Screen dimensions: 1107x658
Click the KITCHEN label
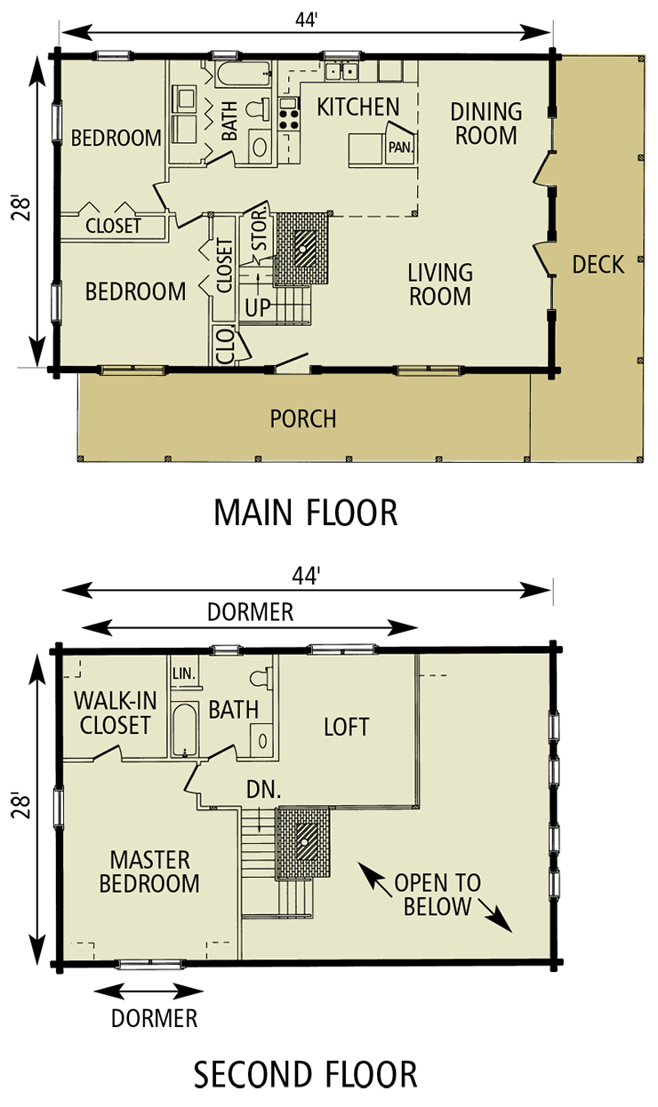point(358,108)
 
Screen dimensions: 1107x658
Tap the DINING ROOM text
point(485,123)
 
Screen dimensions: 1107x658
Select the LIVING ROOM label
point(440,284)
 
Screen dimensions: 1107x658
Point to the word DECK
point(598,264)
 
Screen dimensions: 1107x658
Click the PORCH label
point(303,418)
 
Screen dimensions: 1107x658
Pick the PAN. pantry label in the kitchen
point(400,147)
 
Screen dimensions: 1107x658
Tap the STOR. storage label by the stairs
point(260,230)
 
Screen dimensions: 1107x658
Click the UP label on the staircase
point(258,308)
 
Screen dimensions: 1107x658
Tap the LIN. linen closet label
point(184,673)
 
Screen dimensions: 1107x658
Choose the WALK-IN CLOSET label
point(115,713)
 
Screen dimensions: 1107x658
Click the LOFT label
point(346,727)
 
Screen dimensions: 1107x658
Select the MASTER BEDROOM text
point(149,872)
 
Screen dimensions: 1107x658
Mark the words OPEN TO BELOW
point(437,895)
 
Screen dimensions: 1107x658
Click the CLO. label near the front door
point(225,345)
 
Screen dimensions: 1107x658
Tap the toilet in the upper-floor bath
point(260,679)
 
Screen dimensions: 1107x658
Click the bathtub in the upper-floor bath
point(185,729)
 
